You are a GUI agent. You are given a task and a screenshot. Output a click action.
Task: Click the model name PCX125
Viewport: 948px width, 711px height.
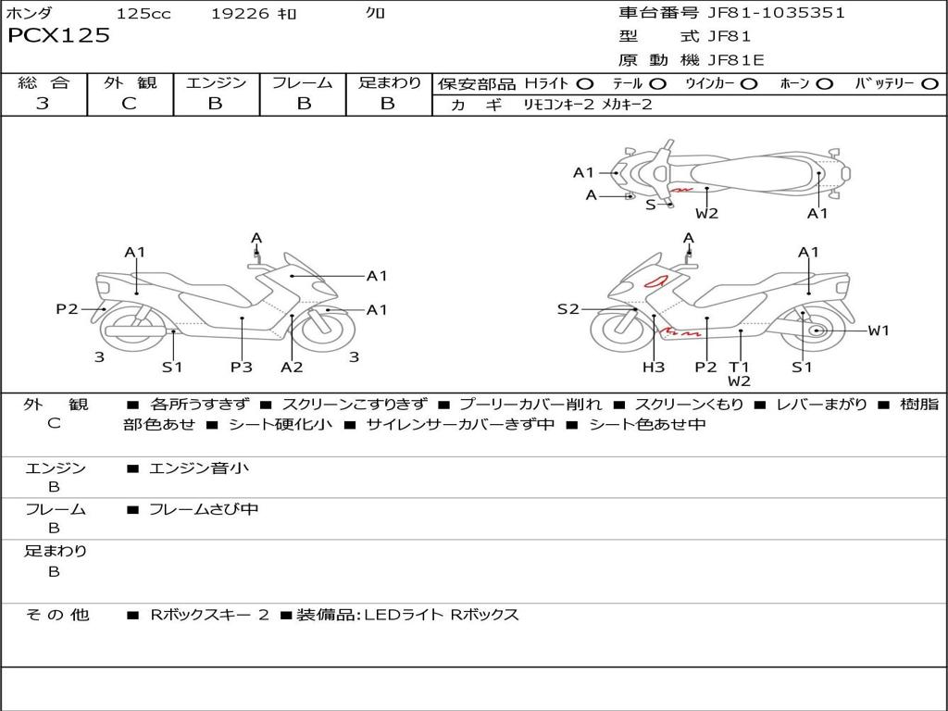pyautogui.click(x=58, y=36)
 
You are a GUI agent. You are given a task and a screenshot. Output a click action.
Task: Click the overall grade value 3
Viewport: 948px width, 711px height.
pyautogui.click(x=43, y=104)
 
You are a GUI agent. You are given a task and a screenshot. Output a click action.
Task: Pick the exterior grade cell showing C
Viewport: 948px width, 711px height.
pyautogui.click(x=130, y=104)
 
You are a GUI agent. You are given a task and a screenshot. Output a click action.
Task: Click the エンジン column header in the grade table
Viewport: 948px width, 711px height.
pyautogui.click(x=216, y=83)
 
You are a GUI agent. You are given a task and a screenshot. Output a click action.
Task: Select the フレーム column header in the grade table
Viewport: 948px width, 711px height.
pyautogui.click(x=303, y=83)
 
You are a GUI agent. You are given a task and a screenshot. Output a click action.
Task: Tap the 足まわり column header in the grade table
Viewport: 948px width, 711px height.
pyautogui.click(x=390, y=83)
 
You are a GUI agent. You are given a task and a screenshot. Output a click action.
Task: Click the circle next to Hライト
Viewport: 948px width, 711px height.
pyautogui.click(x=585, y=84)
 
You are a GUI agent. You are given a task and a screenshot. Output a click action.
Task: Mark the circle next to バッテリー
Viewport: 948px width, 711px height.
pyautogui.click(x=929, y=84)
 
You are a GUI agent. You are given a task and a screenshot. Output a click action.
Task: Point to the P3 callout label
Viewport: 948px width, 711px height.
pyautogui.click(x=242, y=367)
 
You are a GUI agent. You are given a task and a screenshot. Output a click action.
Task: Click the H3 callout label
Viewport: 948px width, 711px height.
pyautogui.click(x=654, y=367)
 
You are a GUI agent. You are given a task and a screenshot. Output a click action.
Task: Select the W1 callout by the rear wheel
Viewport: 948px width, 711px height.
pyautogui.click(x=879, y=331)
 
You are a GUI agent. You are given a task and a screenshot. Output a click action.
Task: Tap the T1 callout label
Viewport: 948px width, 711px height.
pyautogui.click(x=739, y=367)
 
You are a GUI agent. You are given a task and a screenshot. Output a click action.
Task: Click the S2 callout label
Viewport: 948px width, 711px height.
pyautogui.click(x=568, y=309)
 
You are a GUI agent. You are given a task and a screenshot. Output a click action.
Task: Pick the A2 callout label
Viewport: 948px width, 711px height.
pyautogui.click(x=292, y=367)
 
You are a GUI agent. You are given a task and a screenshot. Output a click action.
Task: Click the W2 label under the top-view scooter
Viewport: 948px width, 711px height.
pyautogui.click(x=707, y=214)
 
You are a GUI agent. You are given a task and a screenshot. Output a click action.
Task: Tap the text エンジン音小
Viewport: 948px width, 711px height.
pyautogui.click(x=199, y=468)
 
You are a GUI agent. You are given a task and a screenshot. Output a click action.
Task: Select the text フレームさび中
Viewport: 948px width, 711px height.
pyautogui.click(x=204, y=509)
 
